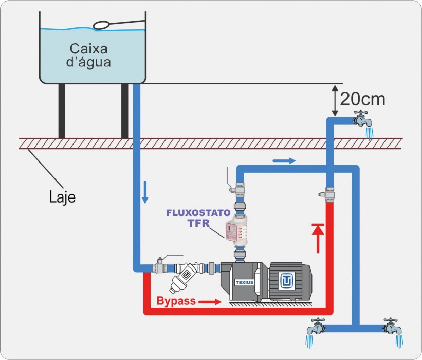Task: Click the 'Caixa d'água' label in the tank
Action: (90, 56)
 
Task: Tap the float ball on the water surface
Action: (102, 25)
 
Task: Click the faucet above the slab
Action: (363, 121)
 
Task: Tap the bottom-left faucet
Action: (315, 327)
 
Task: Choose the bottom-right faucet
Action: (393, 327)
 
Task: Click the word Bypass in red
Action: (176, 301)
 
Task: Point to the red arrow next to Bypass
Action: (209, 301)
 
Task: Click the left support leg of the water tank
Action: (62, 111)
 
